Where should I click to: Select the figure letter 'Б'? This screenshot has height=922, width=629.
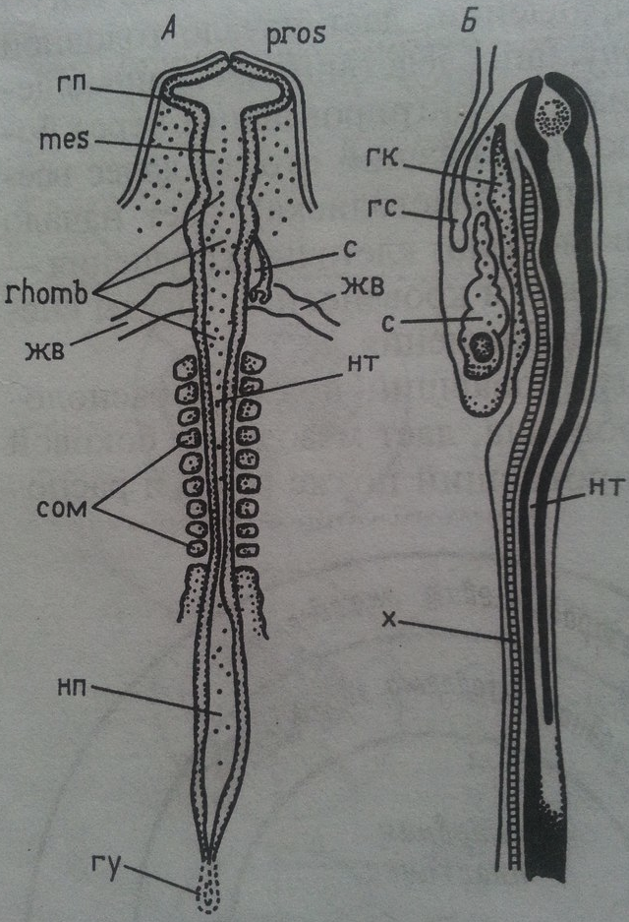[x=468, y=22]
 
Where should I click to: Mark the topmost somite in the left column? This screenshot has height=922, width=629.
[x=186, y=371]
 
